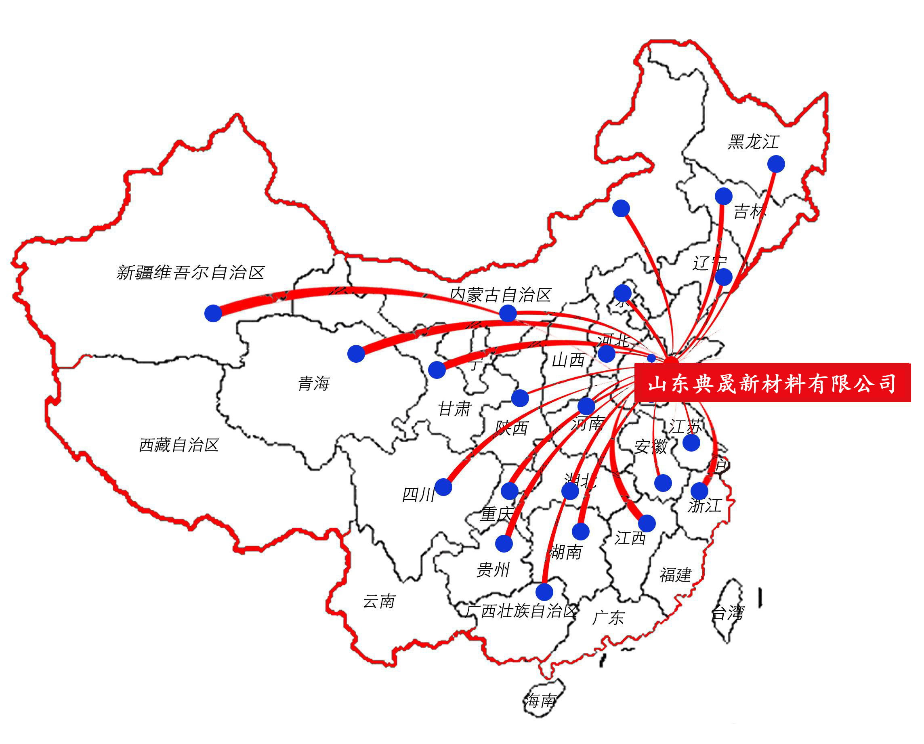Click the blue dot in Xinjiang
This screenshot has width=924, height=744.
pyautogui.click(x=213, y=313)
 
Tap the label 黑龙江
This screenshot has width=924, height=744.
pyautogui.click(x=753, y=142)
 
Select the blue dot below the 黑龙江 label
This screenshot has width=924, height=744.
pyautogui.click(x=776, y=164)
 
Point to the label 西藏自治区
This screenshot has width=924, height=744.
pyautogui.click(x=179, y=445)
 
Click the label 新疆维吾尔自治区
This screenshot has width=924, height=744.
pyautogui.click(x=190, y=272)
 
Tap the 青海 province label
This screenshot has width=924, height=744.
pyautogui.click(x=314, y=383)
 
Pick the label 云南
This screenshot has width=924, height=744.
pyautogui.click(x=379, y=601)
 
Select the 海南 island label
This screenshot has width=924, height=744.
pyautogui.click(x=541, y=700)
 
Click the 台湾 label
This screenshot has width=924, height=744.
pyautogui.click(x=728, y=613)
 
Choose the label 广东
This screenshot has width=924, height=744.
pyautogui.click(x=608, y=618)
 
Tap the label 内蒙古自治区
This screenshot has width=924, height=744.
pyautogui.click(x=500, y=295)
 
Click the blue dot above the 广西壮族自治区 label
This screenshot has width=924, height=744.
pyautogui.click(x=544, y=592)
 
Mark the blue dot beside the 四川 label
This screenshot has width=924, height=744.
pyautogui.click(x=443, y=487)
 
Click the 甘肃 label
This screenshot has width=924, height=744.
pyautogui.click(x=454, y=409)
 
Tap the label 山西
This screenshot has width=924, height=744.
pyautogui.click(x=568, y=360)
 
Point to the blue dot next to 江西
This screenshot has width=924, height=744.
pyautogui.click(x=647, y=523)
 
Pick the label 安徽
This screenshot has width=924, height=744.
pyautogui.click(x=651, y=447)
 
